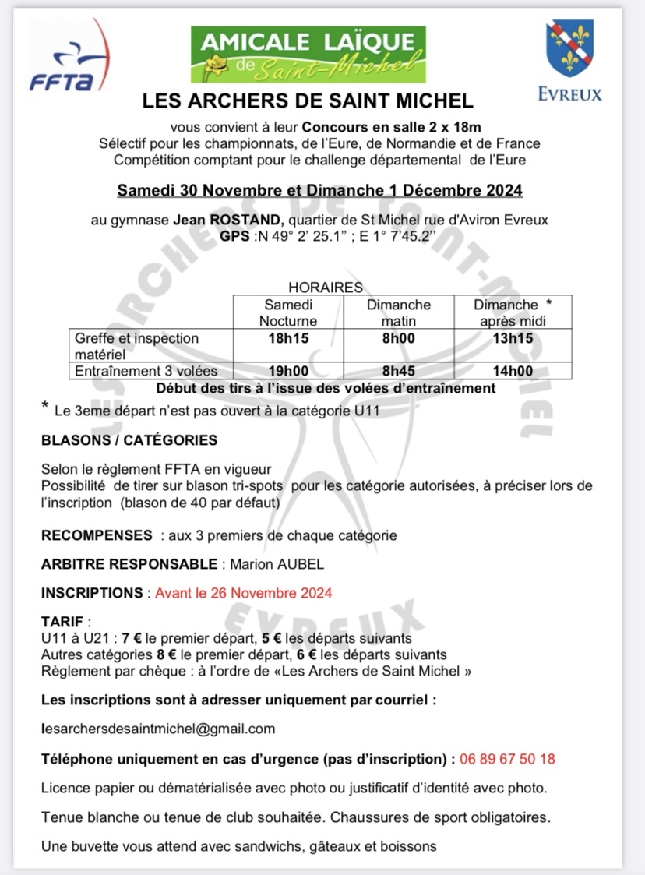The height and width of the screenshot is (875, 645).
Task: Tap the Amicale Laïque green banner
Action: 308,54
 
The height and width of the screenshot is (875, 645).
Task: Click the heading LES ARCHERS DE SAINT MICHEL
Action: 308,101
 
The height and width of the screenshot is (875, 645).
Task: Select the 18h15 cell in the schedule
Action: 288,338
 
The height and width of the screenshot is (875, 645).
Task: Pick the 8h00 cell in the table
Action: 398,338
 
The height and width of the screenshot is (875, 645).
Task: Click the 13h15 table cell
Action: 512,338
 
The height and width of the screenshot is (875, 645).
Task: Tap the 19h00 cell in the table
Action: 288,371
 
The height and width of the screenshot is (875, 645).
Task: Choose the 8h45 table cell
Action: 398,371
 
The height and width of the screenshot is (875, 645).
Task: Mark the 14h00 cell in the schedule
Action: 512,371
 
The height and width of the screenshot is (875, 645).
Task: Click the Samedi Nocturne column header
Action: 288,312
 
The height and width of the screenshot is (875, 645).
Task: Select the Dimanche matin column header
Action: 398,312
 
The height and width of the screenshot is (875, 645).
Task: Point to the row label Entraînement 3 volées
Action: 146,371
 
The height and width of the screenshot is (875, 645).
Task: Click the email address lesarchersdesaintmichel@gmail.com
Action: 158,729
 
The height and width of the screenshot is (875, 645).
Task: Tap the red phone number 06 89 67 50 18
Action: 507,758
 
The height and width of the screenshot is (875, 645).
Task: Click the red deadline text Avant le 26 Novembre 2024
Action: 243,593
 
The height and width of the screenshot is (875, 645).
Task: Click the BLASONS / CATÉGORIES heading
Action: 129,440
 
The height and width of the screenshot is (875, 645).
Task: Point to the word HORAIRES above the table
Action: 326,288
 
